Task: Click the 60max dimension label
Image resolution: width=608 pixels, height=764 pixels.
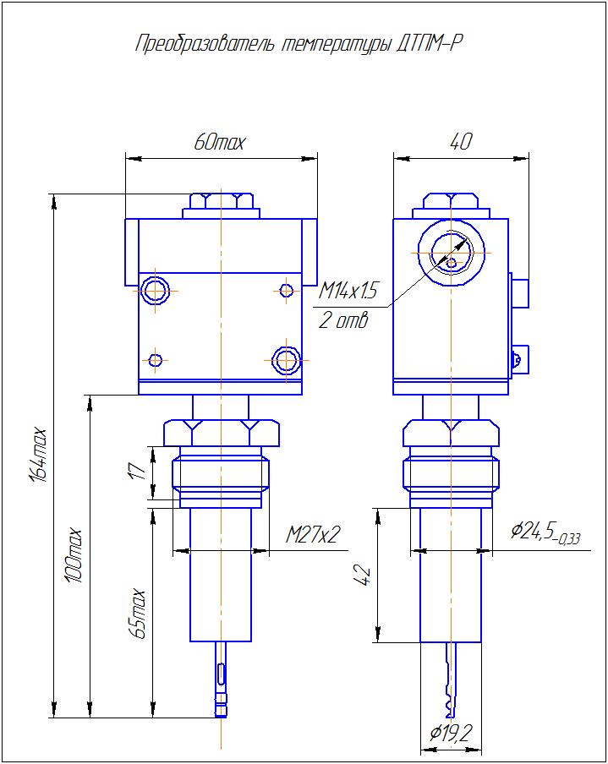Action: pyautogui.click(x=220, y=142)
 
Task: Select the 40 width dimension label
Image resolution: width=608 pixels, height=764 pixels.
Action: pyautogui.click(x=460, y=141)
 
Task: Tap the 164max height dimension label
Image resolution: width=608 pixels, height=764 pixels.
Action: pyautogui.click(x=39, y=455)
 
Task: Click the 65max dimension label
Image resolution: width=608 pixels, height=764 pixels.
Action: pyautogui.click(x=137, y=614)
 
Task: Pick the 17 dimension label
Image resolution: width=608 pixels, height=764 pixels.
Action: pyautogui.click(x=138, y=471)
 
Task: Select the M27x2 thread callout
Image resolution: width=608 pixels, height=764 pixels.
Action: pyautogui.click(x=313, y=535)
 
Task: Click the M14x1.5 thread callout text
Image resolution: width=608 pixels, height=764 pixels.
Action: pyautogui.click(x=348, y=291)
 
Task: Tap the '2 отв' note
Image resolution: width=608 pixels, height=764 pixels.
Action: pyautogui.click(x=343, y=320)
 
